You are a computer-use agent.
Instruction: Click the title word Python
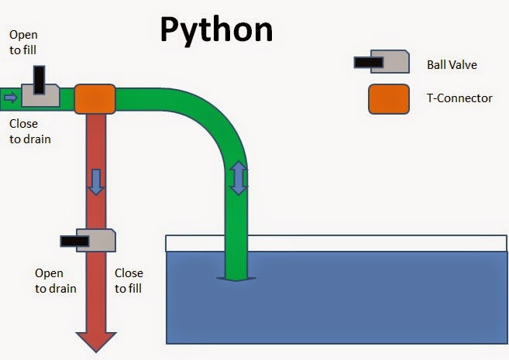click(x=216, y=29)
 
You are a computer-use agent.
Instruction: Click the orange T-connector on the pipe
click(x=95, y=98)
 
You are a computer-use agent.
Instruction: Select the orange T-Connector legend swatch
click(x=388, y=98)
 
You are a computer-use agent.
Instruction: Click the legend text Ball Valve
click(x=452, y=64)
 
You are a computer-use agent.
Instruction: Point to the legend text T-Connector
click(x=459, y=98)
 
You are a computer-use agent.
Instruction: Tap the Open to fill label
click(x=22, y=42)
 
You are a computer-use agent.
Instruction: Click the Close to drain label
click(x=30, y=132)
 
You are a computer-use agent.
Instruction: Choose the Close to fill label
click(x=129, y=280)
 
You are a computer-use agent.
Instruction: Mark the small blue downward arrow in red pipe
click(x=95, y=183)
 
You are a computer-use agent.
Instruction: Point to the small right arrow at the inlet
click(x=9, y=98)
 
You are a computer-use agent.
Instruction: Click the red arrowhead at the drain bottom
click(x=95, y=341)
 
